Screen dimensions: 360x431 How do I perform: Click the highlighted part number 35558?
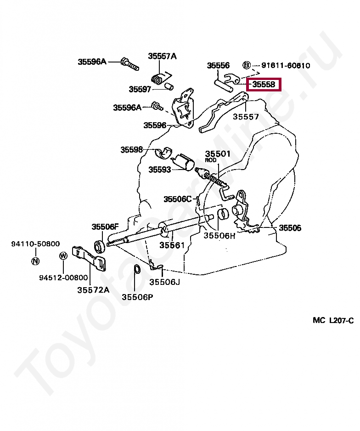264,85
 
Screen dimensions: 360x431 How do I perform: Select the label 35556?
218,65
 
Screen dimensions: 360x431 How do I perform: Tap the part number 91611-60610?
286,65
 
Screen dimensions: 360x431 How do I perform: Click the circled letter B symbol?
247,65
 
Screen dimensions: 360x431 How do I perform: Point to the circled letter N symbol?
35,261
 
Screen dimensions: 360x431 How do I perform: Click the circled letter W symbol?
63,256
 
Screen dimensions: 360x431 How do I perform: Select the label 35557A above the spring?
162,56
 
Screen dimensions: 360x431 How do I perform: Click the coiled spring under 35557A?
157,79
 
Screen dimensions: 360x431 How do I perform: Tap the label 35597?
140,89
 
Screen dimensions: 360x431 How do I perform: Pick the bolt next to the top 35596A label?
130,64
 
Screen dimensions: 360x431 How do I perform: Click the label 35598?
132,150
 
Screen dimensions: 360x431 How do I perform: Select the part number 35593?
160,170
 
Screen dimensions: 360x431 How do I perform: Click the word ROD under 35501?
211,160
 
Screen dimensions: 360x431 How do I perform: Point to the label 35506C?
177,199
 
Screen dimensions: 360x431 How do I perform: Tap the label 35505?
290,228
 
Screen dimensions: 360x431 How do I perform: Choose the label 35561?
172,245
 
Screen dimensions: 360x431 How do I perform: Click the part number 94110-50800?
35,244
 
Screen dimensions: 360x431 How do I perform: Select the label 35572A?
93,290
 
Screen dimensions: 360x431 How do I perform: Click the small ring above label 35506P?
136,269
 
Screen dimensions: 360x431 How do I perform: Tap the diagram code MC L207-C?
333,320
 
